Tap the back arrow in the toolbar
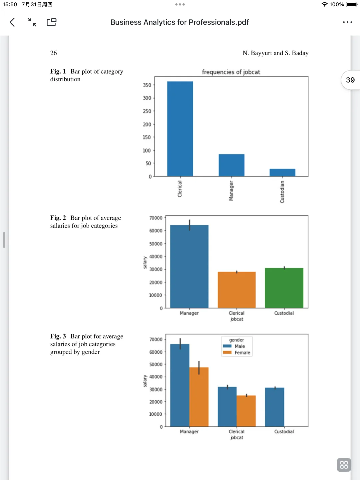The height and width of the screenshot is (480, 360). [12, 22]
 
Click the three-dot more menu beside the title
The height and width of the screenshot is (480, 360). [347, 22]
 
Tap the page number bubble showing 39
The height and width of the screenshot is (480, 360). [350, 80]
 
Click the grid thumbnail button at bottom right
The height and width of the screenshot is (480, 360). [344, 465]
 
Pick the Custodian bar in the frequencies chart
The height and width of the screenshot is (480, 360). [282, 172]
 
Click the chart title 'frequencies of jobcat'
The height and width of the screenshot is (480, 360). [231, 72]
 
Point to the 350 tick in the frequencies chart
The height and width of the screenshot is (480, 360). [147, 85]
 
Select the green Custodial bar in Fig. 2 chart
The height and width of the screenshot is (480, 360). [284, 288]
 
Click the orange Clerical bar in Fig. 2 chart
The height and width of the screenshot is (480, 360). [237, 290]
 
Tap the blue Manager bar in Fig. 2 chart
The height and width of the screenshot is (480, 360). [189, 267]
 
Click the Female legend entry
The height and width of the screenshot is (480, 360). [242, 353]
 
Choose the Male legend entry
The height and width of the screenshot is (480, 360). [240, 346]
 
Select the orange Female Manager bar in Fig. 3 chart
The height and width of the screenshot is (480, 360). [199, 397]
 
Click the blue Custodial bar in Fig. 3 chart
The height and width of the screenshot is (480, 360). [275, 407]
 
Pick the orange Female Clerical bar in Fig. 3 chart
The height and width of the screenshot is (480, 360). [246, 411]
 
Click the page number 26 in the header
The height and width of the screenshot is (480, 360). [54, 53]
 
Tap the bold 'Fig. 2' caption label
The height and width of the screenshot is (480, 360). [58, 218]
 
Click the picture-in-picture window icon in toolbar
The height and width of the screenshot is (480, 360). [51, 22]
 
